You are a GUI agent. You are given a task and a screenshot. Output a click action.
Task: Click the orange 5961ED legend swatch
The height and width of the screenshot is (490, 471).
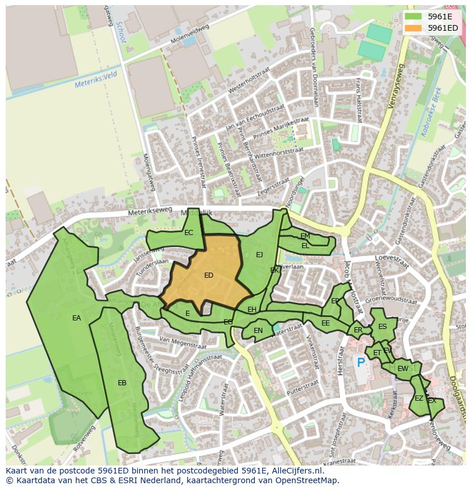414,28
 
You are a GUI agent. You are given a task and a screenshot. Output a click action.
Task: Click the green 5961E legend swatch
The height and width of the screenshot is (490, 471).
414,17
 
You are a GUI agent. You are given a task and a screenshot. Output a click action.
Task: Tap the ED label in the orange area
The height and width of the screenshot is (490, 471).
209,275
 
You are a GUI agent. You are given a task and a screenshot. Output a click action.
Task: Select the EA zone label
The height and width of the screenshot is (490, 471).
76,318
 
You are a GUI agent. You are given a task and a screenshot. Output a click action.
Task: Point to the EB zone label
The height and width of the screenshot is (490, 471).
122,383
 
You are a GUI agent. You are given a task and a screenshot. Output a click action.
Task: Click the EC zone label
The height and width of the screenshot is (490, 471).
189,232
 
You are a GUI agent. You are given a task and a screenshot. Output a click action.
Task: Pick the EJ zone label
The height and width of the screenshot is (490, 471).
259,254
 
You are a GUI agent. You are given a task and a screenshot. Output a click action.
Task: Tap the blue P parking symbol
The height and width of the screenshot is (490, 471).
360,362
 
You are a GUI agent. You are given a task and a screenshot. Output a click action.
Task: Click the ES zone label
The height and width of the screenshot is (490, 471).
382,327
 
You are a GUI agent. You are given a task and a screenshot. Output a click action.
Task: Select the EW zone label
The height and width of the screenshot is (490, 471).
403,369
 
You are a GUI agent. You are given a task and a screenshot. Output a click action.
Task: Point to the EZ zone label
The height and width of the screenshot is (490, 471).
419,398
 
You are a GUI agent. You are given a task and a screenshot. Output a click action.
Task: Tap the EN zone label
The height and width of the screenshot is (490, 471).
258,330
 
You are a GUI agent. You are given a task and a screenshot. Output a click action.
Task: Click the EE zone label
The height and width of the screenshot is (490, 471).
325,323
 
